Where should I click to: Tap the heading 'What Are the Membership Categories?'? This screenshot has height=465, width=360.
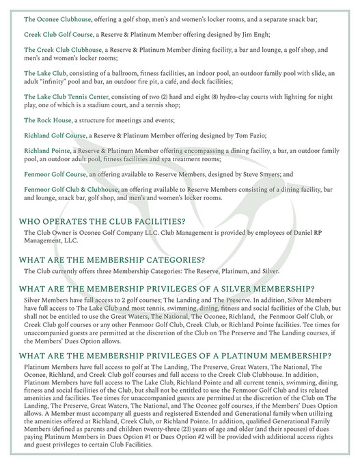coord(112,259)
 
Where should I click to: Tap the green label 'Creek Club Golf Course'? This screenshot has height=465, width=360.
coord(59,33)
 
